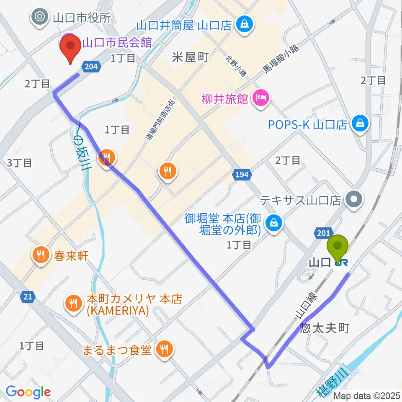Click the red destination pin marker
click(70, 47)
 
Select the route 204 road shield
click(91, 66)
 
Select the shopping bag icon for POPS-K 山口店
click(359, 124)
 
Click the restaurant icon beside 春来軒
click(41, 255)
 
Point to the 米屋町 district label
click(190, 58)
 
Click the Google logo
click(28, 392)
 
